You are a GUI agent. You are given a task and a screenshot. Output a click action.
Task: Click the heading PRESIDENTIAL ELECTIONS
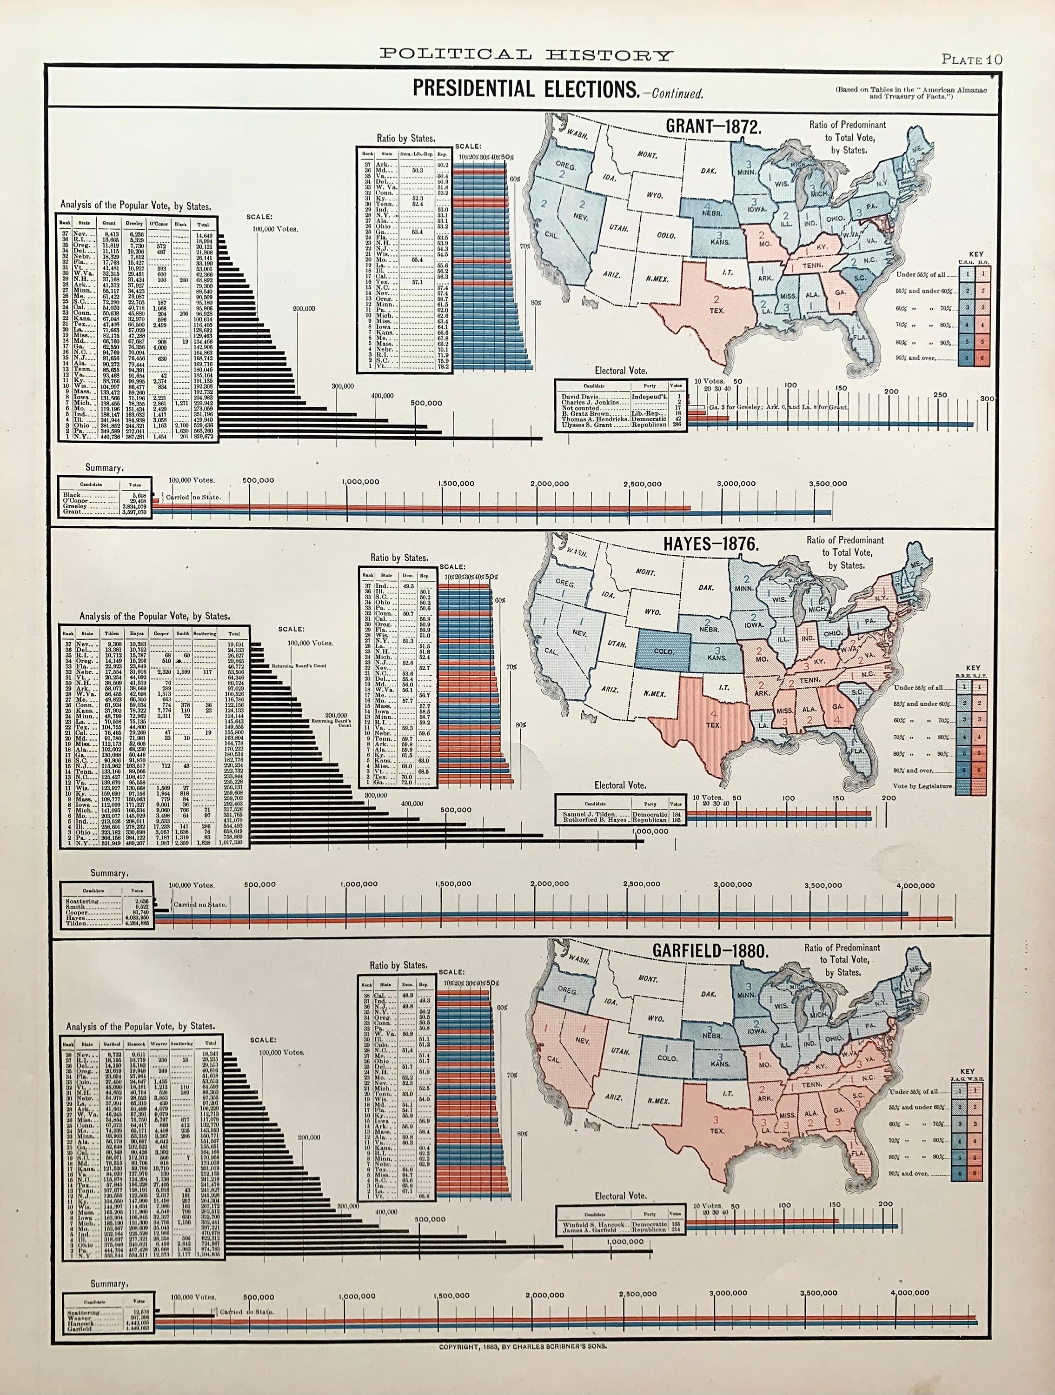[526, 89]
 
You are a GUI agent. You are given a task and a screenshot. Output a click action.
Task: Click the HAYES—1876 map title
[710, 544]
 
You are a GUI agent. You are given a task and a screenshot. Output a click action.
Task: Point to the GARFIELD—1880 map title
[710, 951]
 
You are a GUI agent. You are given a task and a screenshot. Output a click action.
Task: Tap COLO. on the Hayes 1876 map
[664, 651]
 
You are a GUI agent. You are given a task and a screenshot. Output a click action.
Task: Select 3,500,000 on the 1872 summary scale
[829, 484]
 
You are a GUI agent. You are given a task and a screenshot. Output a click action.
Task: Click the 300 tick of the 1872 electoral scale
[987, 399]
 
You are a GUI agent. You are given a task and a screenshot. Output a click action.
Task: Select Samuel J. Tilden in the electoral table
[589, 814]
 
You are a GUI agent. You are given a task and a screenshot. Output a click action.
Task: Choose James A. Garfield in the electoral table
[590, 1230]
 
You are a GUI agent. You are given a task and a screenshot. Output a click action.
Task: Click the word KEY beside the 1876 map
[973, 668]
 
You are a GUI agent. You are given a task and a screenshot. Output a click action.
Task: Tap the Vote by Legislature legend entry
[922, 786]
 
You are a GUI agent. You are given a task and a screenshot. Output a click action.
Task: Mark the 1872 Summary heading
[104, 468]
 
